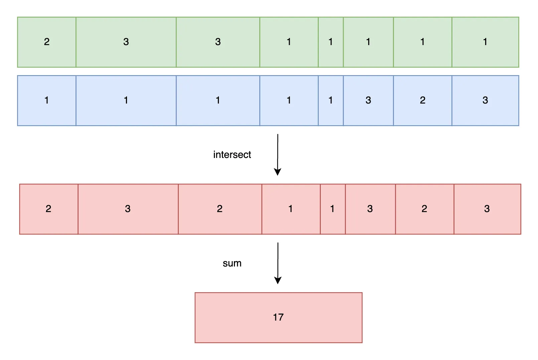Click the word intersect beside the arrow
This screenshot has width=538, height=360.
click(232, 155)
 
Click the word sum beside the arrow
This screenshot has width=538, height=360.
click(232, 263)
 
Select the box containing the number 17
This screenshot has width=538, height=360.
click(278, 317)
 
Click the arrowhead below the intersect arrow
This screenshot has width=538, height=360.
click(277, 172)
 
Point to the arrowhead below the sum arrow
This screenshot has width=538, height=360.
click(278, 280)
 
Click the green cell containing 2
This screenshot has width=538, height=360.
click(46, 42)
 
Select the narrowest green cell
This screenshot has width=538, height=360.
click(330, 42)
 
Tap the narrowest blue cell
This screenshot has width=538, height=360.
click(330, 101)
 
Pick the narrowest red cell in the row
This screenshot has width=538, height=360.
click(332, 209)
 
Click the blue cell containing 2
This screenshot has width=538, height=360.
click(422, 101)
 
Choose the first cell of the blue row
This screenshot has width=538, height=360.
click(46, 101)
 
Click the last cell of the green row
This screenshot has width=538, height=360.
click(485, 42)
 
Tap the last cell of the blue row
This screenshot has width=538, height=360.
click(485, 101)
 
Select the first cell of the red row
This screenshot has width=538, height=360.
click(48, 209)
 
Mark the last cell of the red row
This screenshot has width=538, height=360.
click(487, 209)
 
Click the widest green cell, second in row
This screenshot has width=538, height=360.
click(126, 42)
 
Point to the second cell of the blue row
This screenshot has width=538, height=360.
click(126, 101)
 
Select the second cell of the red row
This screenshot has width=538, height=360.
click(128, 209)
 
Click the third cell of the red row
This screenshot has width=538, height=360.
click(220, 209)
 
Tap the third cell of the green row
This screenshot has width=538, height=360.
click(218, 42)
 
